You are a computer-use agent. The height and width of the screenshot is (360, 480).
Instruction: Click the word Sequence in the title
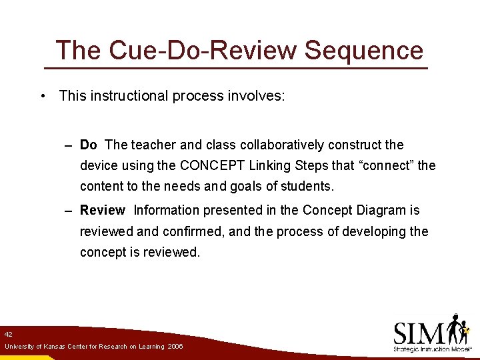[364, 51]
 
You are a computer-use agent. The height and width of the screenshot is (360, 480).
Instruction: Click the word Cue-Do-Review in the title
[193, 51]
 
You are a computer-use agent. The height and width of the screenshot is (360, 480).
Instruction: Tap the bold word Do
[88, 145]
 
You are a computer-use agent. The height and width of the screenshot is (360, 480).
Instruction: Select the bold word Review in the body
[102, 210]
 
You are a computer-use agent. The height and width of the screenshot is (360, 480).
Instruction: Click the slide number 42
[8, 334]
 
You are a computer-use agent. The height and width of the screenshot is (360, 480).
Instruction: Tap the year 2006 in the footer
[175, 347]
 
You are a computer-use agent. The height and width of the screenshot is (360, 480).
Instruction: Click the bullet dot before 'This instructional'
[42, 96]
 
